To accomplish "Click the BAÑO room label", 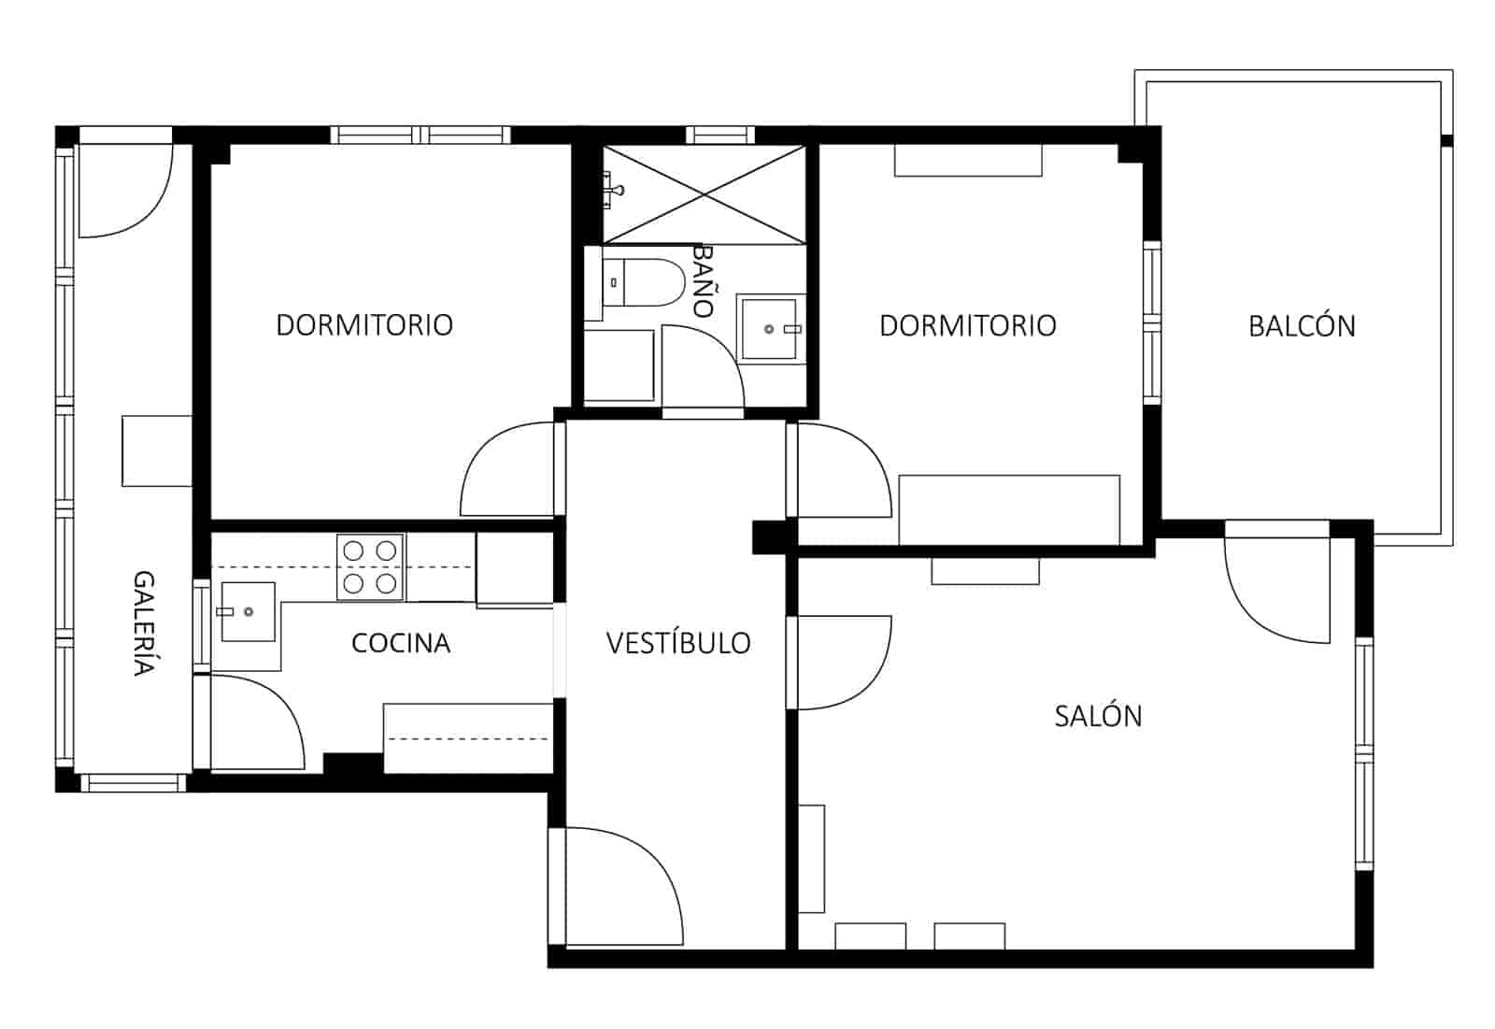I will point(703,281).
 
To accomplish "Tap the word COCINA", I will point(401,643).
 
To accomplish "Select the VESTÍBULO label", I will point(678,643).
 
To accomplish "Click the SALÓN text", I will point(1098,716).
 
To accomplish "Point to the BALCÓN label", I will point(1302,326).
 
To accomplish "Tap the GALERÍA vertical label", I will point(142,622).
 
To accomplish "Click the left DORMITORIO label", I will point(364,325).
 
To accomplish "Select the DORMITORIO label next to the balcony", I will point(968,325).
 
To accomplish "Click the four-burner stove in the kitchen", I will point(370,567).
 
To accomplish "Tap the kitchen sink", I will point(248,611).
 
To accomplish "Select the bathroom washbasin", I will point(769,328).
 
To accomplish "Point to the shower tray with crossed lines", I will point(703,193).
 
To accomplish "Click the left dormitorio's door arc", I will point(509,467).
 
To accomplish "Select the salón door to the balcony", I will point(1278,589).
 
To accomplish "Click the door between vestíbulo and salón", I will point(841,662).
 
